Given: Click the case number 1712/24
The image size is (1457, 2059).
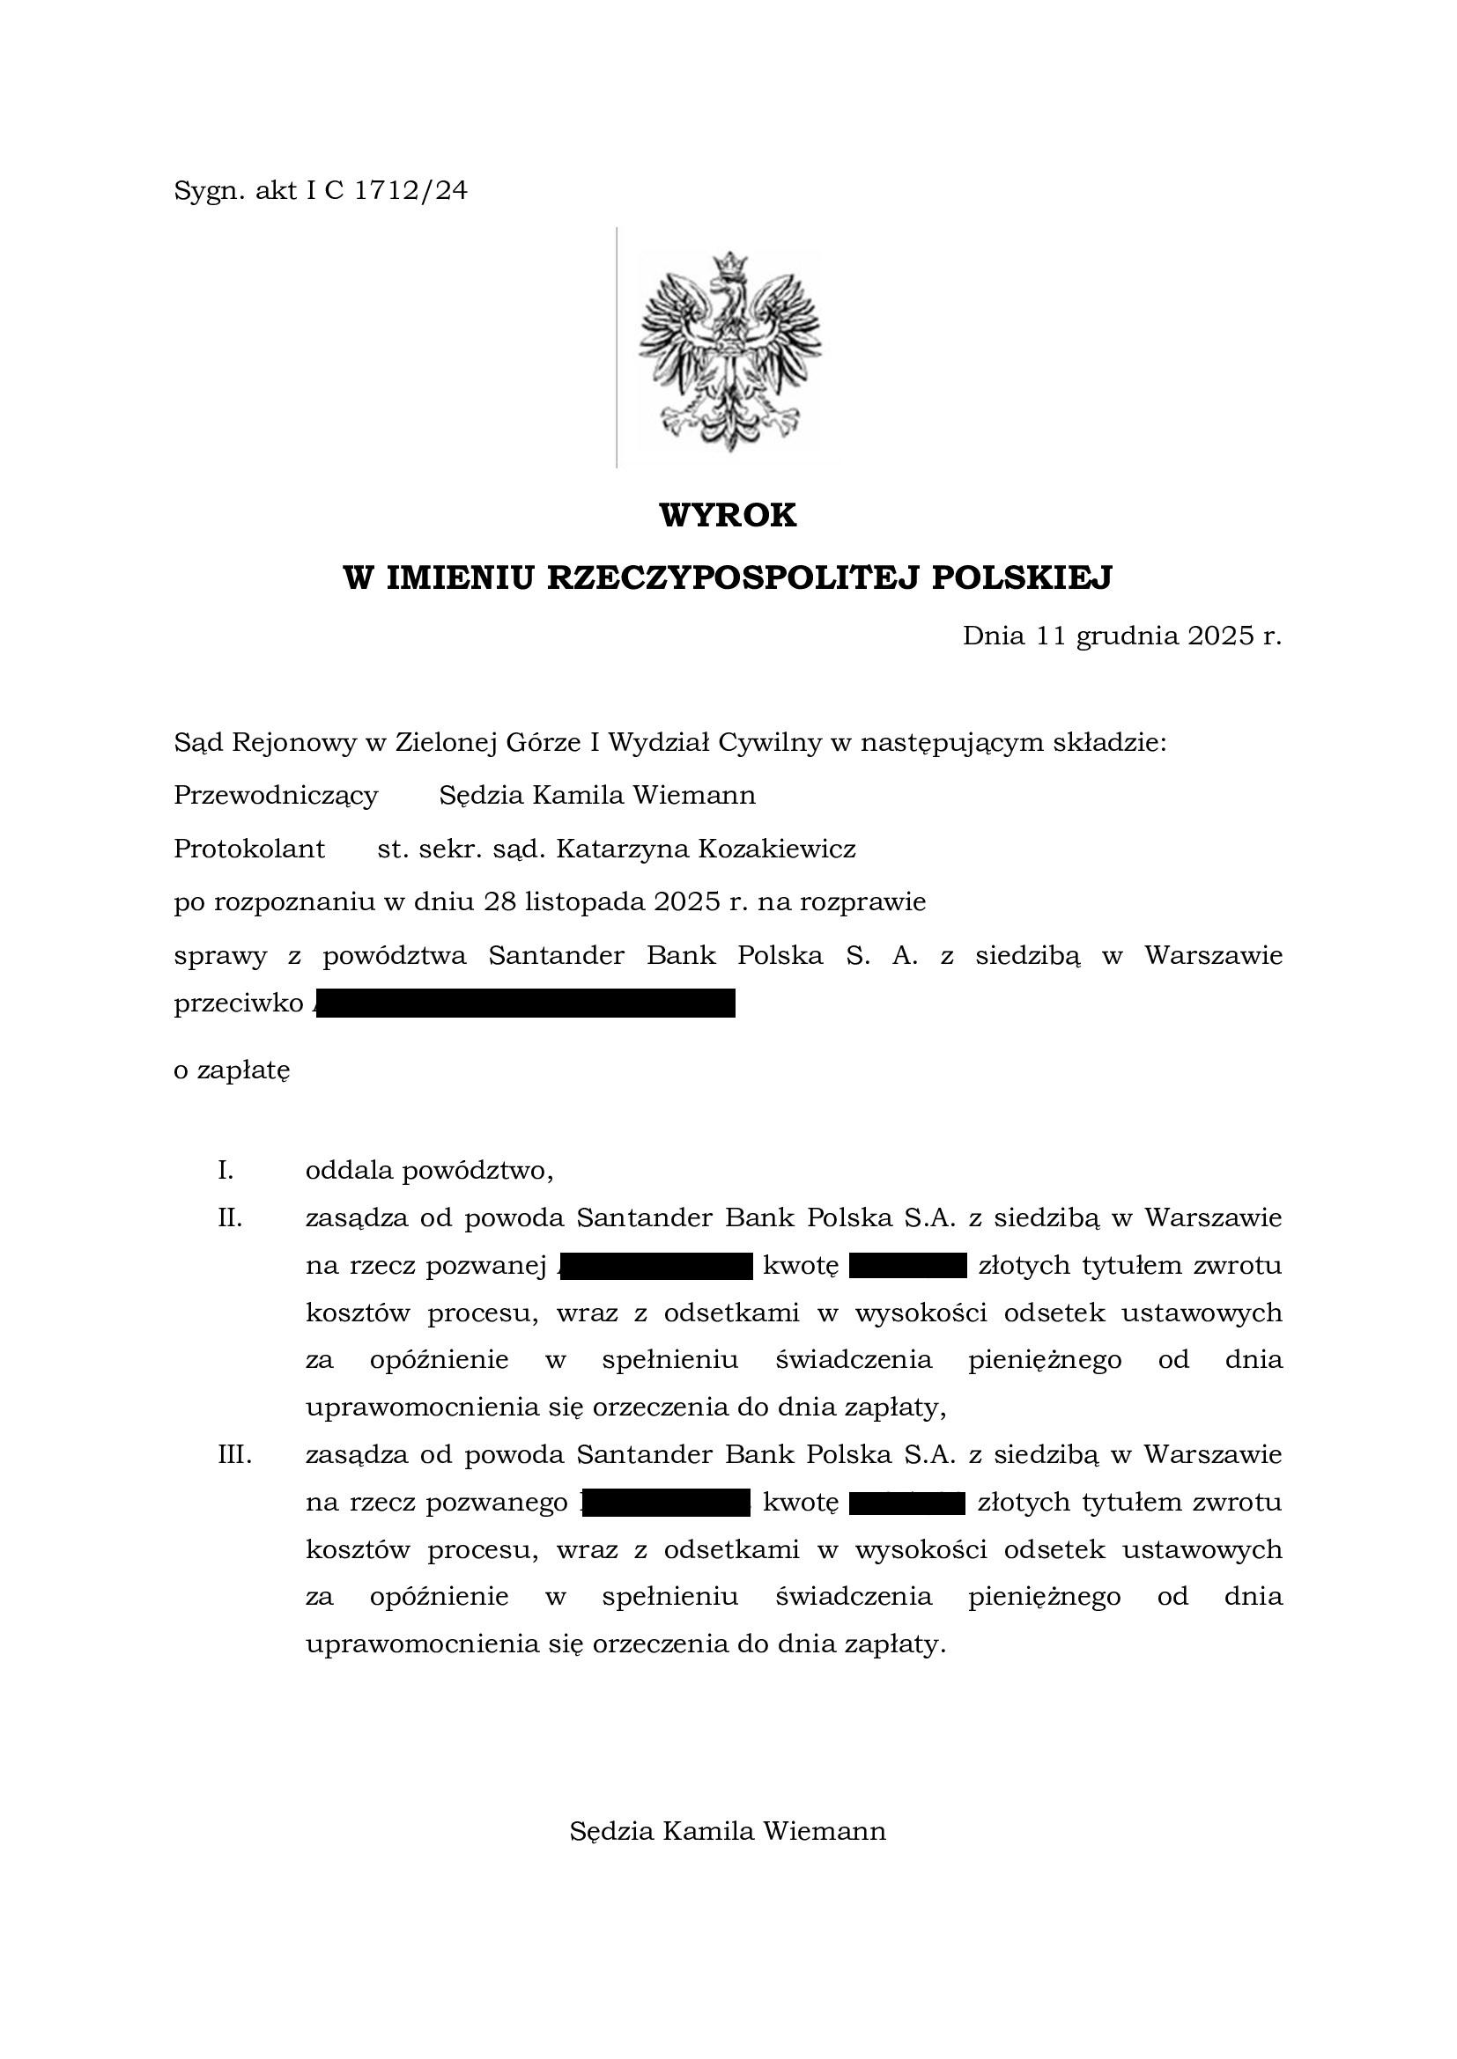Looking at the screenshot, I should pyautogui.click(x=410, y=191).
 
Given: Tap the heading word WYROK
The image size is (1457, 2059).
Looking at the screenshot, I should pyautogui.click(x=728, y=516).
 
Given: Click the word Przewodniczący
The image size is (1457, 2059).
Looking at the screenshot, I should pyautogui.click(x=276, y=796).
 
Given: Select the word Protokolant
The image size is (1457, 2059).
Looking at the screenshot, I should pyautogui.click(x=249, y=849).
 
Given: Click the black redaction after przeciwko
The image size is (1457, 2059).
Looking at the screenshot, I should pyautogui.click(x=525, y=1004).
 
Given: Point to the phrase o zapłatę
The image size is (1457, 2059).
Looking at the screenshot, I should pyautogui.click(x=232, y=1070).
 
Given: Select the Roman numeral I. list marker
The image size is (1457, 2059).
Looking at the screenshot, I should pyautogui.click(x=226, y=1170).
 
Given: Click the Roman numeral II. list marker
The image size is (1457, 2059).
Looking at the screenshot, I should pyautogui.click(x=231, y=1217).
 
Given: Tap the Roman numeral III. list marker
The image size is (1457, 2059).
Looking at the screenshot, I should pyautogui.click(x=235, y=1453).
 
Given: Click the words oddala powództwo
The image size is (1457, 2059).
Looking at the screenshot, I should pyautogui.click(x=429, y=1170).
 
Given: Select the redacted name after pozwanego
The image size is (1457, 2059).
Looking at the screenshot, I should pyautogui.click(x=666, y=1501).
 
